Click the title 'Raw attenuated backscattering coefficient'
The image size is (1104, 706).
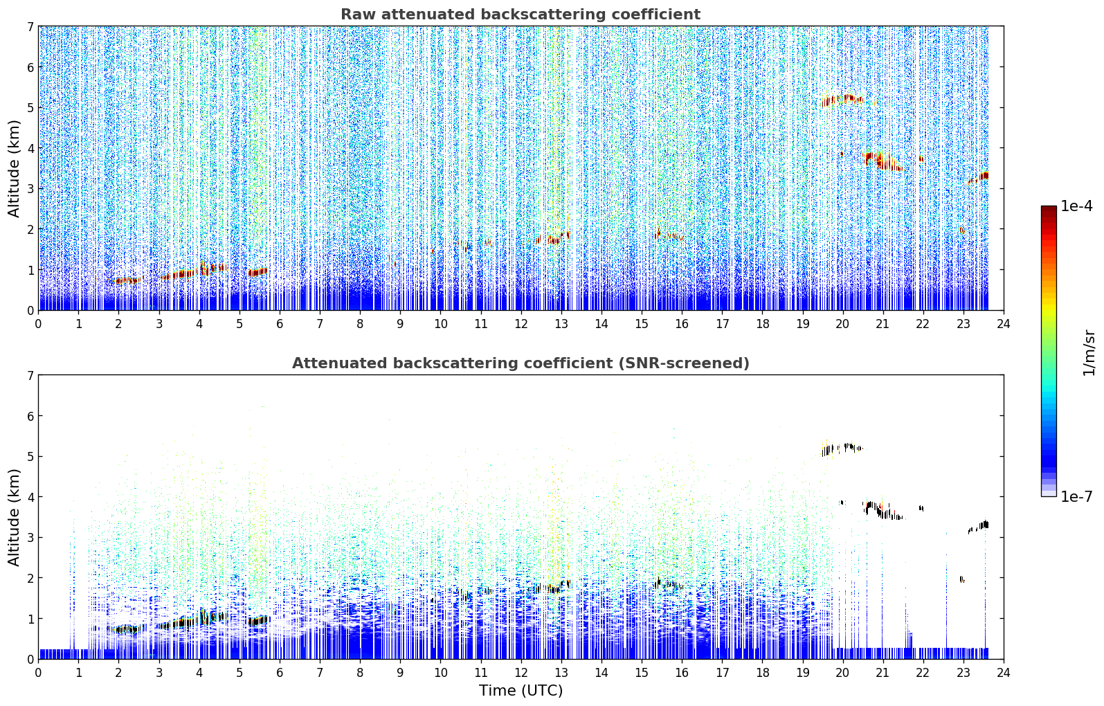click(x=521, y=15)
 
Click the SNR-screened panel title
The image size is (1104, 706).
click(x=521, y=363)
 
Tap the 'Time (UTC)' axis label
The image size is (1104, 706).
click(x=521, y=691)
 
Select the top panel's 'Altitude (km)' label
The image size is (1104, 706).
click(x=14, y=169)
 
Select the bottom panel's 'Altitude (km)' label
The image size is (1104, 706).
click(x=14, y=518)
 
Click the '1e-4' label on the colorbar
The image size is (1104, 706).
click(x=1076, y=206)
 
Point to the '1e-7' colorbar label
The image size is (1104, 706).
click(x=1076, y=496)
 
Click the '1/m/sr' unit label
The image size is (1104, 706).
click(x=1089, y=353)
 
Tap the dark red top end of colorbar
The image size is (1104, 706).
click(x=1049, y=209)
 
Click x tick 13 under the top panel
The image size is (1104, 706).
click(x=561, y=324)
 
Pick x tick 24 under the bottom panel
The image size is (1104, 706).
click(x=1004, y=673)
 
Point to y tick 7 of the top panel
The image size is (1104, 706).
click(x=30, y=26)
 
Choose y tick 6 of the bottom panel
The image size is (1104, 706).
click(x=30, y=415)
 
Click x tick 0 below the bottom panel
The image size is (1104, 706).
click(x=39, y=673)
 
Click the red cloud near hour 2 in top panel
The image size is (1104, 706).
click(x=127, y=280)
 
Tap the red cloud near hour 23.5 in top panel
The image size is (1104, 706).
click(x=979, y=178)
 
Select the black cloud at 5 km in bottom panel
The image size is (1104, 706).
click(x=842, y=449)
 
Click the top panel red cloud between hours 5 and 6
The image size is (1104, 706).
click(x=257, y=271)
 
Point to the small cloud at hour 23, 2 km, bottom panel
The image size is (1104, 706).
click(x=961, y=579)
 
